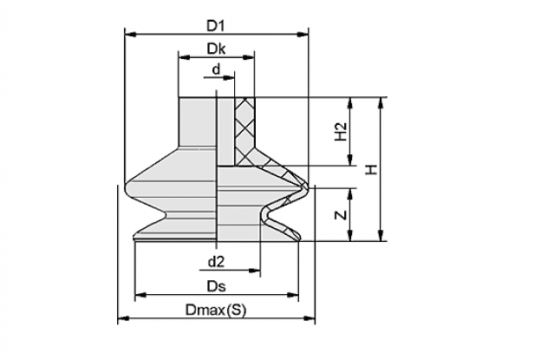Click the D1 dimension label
216,26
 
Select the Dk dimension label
216,49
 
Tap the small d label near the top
216,69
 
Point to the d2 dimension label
217,262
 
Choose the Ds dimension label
217,286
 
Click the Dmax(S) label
216,310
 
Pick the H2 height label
341,132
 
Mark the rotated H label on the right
372,169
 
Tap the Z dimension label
341,215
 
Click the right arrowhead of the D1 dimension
303,34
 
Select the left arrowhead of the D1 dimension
130,34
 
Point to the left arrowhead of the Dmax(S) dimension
123,318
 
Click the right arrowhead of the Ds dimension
292,295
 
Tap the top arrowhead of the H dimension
381,103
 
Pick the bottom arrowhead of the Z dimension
350,235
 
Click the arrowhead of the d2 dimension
255,271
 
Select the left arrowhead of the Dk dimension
185,57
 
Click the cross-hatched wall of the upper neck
245,131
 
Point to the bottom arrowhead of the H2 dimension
350,160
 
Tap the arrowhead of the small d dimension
229,78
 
